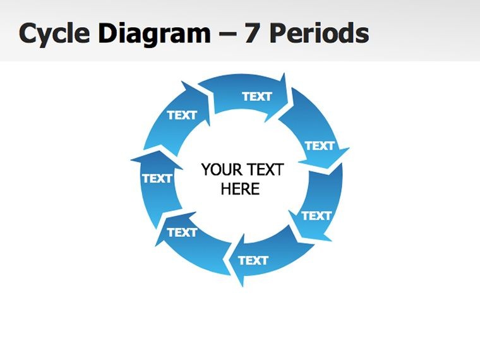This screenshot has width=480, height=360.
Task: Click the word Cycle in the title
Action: [54, 33]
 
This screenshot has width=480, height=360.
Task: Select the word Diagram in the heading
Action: [154, 33]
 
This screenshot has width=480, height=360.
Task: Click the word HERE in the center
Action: [240, 189]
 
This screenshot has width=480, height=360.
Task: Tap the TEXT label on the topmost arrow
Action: [256, 96]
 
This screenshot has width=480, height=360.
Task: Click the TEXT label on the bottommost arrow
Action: [253, 260]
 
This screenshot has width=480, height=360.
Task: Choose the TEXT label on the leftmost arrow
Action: [157, 178]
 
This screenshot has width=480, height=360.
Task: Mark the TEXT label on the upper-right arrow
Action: [319, 146]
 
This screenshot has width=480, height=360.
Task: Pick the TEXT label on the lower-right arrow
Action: [316, 215]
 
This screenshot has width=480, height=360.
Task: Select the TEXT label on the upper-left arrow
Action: [182, 115]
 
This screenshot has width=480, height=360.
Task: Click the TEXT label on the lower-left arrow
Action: [182, 232]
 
